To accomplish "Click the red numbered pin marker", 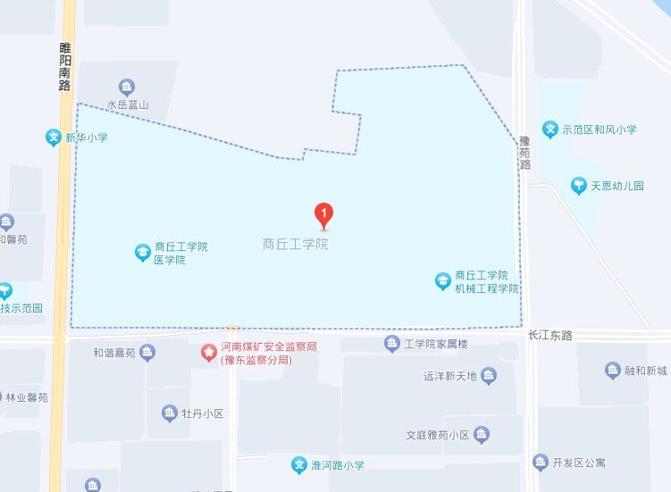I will (x=324, y=215).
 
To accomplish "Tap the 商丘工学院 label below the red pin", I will (x=295, y=244).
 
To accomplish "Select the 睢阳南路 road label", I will (x=64, y=67).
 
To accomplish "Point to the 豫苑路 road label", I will (x=524, y=153).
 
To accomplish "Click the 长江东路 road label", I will (x=549, y=335).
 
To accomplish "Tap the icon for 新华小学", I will (x=54, y=138).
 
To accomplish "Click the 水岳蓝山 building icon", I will (x=127, y=87).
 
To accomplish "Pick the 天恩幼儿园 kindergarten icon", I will (x=579, y=186).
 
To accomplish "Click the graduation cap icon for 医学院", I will (x=143, y=253).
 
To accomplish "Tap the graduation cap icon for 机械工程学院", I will (x=443, y=281).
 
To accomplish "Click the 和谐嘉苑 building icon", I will (x=147, y=353).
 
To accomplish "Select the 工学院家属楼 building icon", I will (x=391, y=344).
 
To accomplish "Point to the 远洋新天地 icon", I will (x=488, y=376).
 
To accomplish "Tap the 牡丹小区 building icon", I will (x=170, y=413).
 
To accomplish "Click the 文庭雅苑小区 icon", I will (x=482, y=435).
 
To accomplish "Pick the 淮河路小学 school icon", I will (x=299, y=465).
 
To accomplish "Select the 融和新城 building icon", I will (x=613, y=371).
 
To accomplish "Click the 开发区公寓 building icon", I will (x=541, y=462).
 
